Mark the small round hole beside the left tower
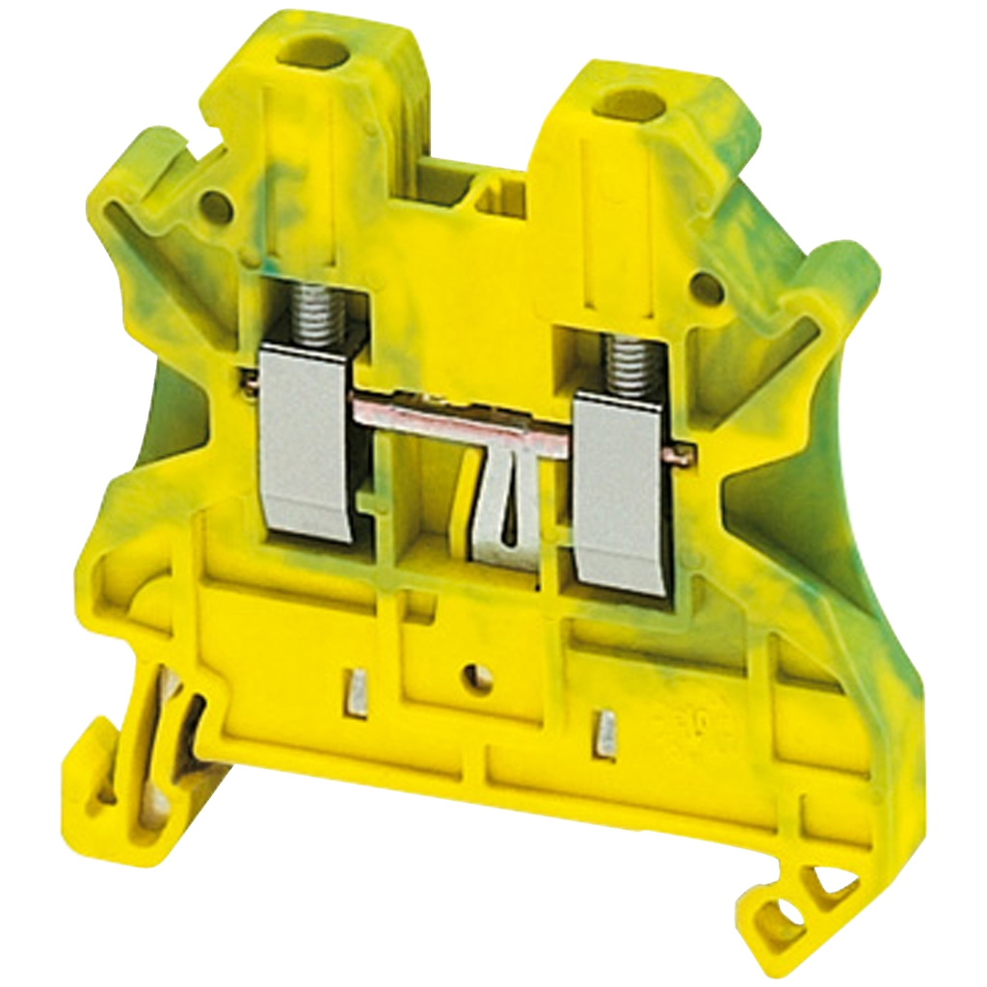[x=215, y=205]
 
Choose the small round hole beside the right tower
[x=707, y=287]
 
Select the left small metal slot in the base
[x=357, y=692]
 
